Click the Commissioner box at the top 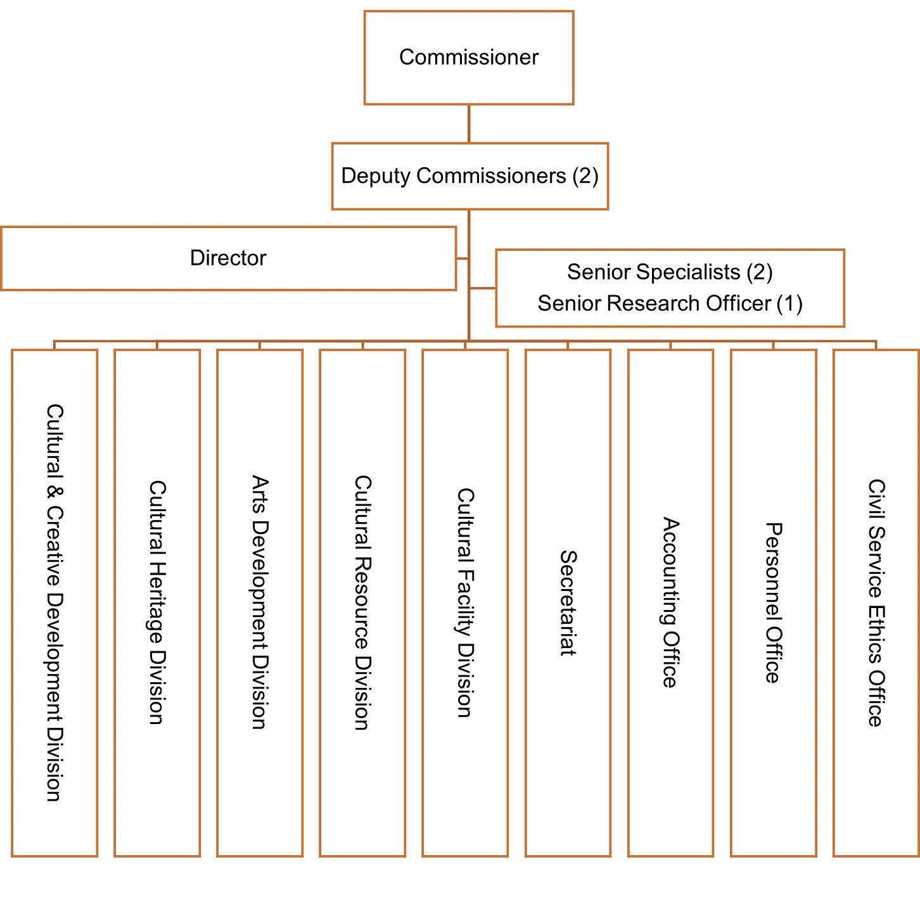(469, 58)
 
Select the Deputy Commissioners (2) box (470, 176)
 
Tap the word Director (228, 258)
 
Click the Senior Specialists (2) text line (670, 272)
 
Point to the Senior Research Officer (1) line (670, 304)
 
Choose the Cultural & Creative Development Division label (54, 602)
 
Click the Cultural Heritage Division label (157, 602)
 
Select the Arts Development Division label (260, 602)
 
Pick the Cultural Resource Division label (362, 602)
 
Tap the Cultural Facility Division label (465, 602)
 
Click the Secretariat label (568, 602)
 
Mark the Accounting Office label (670, 602)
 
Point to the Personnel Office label (773, 602)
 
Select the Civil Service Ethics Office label (876, 602)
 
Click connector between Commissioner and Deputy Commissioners (469, 124)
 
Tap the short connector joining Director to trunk (463, 258)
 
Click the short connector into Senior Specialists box (482, 288)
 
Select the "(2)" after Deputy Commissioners (585, 176)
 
